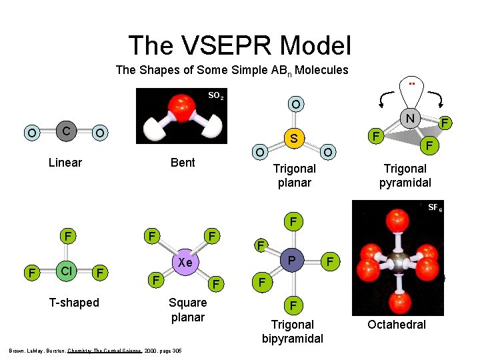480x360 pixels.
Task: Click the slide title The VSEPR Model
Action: (239, 45)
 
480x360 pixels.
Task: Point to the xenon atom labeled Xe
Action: (185, 263)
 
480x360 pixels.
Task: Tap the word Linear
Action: (65, 163)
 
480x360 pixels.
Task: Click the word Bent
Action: (183, 163)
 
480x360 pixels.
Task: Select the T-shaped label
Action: (74, 303)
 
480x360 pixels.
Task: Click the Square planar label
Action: (188, 310)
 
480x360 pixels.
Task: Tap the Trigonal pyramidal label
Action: (405, 176)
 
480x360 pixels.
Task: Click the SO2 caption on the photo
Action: (215, 96)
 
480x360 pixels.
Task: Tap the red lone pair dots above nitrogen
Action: (412, 84)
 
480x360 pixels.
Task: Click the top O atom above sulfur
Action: (295, 105)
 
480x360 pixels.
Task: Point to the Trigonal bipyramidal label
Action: (292, 331)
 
